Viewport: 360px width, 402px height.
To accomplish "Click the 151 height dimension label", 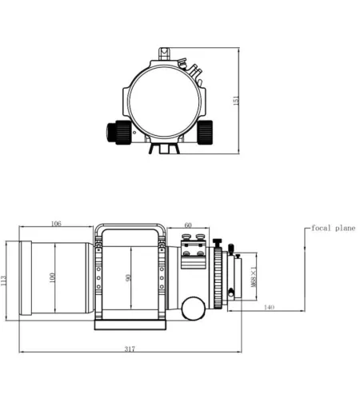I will click(236, 103).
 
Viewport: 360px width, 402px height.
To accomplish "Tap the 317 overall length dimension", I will click(130, 348).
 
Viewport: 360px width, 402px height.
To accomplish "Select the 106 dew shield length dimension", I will click(55, 225).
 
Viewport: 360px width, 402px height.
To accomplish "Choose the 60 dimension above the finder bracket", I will click(188, 225).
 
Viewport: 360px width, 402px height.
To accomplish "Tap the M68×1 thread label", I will click(254, 275).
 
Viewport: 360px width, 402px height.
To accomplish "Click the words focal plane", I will click(334, 228).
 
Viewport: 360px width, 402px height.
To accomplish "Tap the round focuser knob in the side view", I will click(193, 307).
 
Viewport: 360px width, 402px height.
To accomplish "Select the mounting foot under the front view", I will click(162, 149).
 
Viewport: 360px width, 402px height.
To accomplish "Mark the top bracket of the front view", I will click(162, 54).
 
